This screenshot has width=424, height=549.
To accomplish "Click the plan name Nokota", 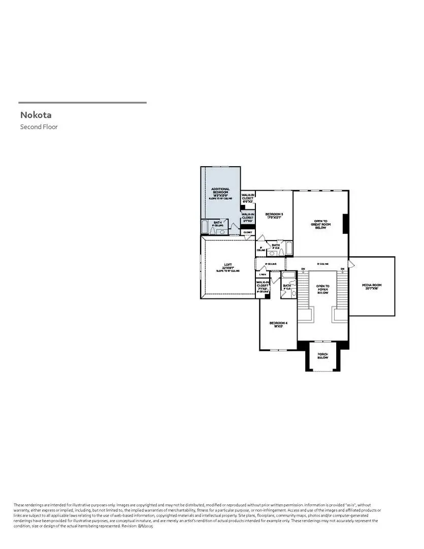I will point(36,115).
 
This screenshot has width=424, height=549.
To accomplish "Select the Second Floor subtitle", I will point(39,127).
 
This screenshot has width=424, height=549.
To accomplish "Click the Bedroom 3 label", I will point(274,216).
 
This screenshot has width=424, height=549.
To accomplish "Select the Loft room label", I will point(227,266).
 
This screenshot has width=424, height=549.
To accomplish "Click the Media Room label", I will point(372,286).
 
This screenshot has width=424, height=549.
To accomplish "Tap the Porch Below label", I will point(323,356).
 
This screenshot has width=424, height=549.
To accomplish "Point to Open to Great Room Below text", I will point(320,224).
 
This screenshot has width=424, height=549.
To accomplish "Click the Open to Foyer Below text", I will point(322,289).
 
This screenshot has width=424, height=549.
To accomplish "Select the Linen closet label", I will point(263,274).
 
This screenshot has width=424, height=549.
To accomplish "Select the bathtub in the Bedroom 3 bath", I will point(288,249).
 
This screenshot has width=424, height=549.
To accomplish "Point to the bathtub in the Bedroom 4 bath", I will point(288,275).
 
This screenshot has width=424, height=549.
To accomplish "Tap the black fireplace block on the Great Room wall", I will point(345,222).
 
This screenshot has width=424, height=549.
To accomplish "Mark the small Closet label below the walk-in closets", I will point(248,232).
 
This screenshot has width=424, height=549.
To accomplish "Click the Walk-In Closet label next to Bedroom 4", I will point(263,287).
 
